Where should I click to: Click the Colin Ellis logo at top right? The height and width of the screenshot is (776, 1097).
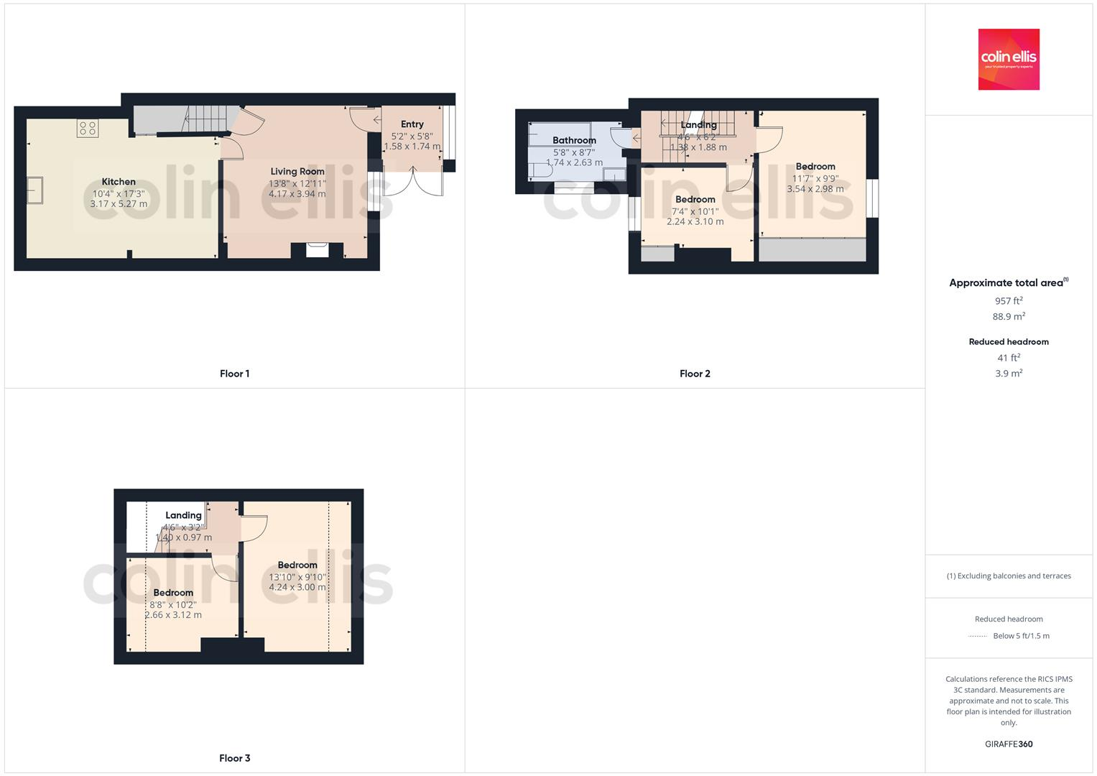pyautogui.click(x=1008, y=59)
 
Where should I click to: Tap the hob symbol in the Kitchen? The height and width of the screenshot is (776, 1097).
pyautogui.click(x=88, y=129)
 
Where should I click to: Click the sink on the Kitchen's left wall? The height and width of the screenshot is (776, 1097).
pyautogui.click(x=34, y=190)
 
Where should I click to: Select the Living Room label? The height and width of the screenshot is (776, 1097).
pyautogui.click(x=297, y=171)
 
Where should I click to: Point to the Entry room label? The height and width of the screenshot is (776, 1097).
pyautogui.click(x=412, y=124)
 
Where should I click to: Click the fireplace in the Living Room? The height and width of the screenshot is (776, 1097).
pyautogui.click(x=317, y=249)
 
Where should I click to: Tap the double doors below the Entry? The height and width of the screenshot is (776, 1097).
pyautogui.click(x=413, y=182)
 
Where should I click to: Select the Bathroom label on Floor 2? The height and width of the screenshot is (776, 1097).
pyautogui.click(x=574, y=140)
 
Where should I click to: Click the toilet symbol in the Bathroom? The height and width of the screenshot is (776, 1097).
pyautogui.click(x=539, y=170)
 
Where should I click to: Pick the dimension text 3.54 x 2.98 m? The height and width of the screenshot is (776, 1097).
pyautogui.click(x=815, y=189)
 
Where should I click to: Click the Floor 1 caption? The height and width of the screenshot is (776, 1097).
pyautogui.click(x=234, y=374)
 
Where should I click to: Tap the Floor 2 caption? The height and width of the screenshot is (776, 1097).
pyautogui.click(x=695, y=374)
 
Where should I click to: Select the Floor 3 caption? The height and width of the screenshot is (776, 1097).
pyautogui.click(x=234, y=758)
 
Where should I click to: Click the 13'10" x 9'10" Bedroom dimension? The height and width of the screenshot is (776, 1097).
pyautogui.click(x=297, y=576)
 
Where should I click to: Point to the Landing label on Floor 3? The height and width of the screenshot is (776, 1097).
pyautogui.click(x=183, y=515)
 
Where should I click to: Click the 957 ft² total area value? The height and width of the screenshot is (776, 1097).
pyautogui.click(x=1008, y=301)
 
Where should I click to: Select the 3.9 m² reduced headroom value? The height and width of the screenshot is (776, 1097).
pyautogui.click(x=1008, y=374)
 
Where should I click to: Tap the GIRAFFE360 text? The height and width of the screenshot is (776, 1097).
pyautogui.click(x=1008, y=744)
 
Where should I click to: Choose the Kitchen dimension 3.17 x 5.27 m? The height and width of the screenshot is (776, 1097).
pyautogui.click(x=119, y=204)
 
